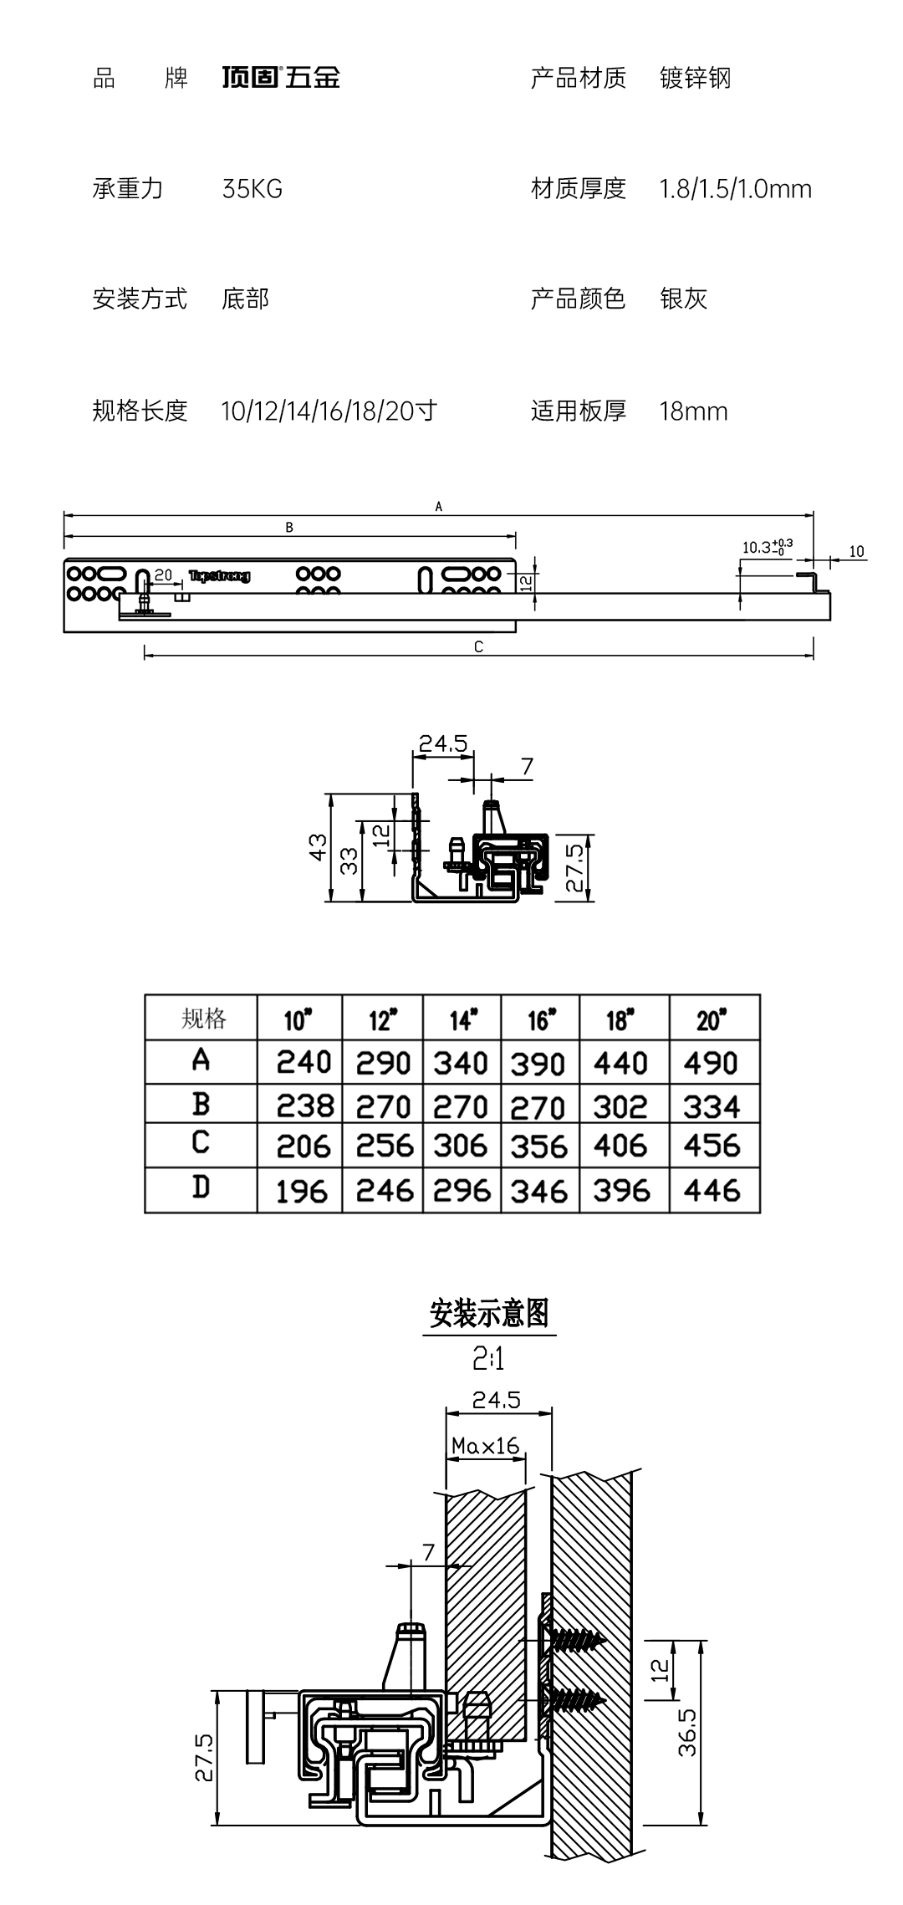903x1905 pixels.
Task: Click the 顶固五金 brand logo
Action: tap(281, 78)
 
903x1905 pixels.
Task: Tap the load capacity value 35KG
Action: tap(252, 189)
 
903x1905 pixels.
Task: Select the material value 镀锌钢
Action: tap(695, 78)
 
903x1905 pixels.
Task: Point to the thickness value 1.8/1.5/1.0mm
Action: tap(735, 189)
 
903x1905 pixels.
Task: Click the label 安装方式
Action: tap(139, 299)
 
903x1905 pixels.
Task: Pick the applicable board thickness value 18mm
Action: tap(693, 411)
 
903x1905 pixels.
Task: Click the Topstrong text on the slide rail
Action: tap(219, 575)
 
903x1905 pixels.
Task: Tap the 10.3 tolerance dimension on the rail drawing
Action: tap(766, 547)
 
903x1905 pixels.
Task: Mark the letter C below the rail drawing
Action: tap(478, 646)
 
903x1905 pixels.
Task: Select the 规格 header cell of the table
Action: tap(202, 1019)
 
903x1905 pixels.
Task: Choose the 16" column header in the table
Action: tap(540, 1019)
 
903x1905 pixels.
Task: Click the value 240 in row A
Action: tap(304, 1062)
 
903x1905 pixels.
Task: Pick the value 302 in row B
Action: tap(620, 1107)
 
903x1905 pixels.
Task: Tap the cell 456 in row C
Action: tap(712, 1146)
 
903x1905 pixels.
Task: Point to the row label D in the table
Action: tap(201, 1187)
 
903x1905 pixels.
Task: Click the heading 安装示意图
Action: tap(489, 1314)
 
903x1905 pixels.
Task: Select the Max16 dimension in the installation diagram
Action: tap(485, 1445)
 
